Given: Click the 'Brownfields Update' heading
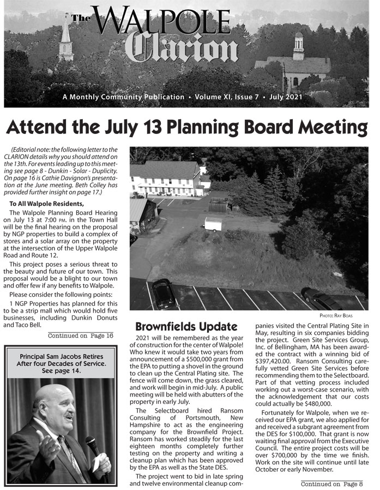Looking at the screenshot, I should pyautogui.click(x=186, y=327).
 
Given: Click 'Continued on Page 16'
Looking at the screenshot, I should pyautogui.click(x=81, y=335).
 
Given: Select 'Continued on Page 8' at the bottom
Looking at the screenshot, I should pyautogui.click(x=332, y=483).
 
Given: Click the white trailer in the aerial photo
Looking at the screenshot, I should pyautogui.click(x=213, y=224).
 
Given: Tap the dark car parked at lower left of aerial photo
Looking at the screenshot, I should pyautogui.click(x=163, y=294).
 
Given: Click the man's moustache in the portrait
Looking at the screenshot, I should pyautogui.click(x=68, y=416).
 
